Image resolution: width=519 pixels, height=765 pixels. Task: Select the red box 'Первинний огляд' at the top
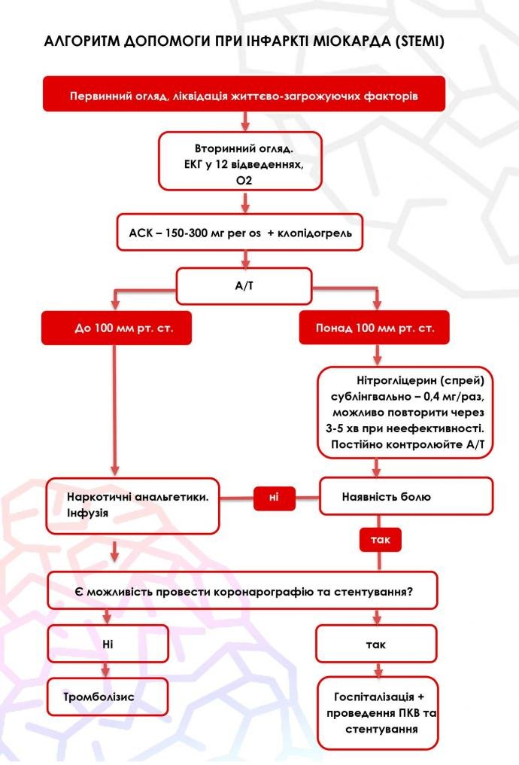click(244, 96)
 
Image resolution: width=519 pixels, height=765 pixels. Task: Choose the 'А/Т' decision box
click(243, 286)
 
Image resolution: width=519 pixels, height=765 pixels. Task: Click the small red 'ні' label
click(274, 497)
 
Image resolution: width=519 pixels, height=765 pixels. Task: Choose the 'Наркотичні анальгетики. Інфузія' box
click(133, 504)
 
